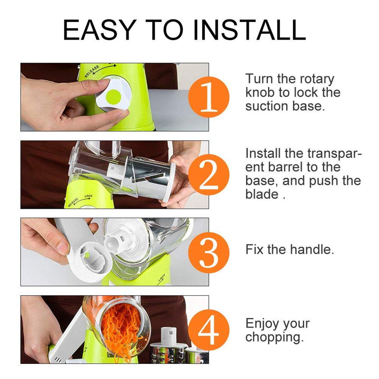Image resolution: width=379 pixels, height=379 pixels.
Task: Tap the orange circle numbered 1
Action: click(208, 97)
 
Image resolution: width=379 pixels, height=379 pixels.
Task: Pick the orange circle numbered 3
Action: click(208, 252)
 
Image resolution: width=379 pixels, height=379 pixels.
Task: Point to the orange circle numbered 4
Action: click(208, 330)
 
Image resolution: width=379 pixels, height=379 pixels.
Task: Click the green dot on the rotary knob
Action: click(113, 96)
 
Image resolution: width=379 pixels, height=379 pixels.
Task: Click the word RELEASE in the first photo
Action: click(92, 71)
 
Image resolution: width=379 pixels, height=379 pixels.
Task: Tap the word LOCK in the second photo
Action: click(89, 196)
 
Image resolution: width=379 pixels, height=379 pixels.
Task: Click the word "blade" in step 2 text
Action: click(262, 194)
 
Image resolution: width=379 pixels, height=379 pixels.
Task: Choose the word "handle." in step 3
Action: click(312, 249)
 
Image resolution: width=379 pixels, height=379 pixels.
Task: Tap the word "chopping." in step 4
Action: click(275, 337)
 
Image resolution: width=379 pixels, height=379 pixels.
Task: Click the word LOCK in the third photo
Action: click(162, 278)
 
